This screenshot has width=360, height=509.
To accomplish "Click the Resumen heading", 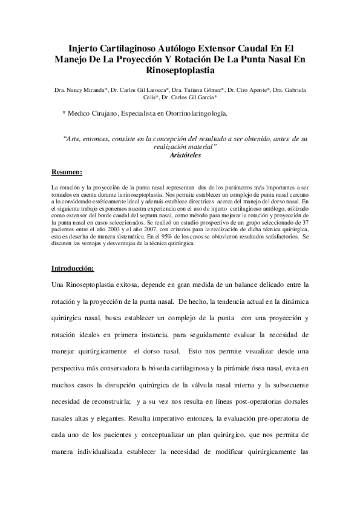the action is [67, 172].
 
